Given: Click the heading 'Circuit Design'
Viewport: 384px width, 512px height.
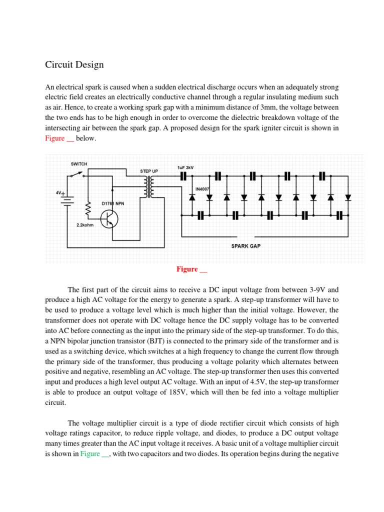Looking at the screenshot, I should (x=74, y=64).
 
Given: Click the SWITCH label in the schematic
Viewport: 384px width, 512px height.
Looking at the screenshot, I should (x=79, y=164).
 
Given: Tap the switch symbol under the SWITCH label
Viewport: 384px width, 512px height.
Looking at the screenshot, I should (x=77, y=175).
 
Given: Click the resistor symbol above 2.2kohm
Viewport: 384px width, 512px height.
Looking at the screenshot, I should (x=88, y=209).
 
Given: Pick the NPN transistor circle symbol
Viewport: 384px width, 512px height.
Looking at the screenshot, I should (x=109, y=218).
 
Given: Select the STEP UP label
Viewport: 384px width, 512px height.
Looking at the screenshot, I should (x=149, y=171).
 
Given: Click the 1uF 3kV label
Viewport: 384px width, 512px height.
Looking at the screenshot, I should (x=186, y=167).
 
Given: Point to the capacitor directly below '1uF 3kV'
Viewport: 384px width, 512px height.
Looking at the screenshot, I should (x=183, y=176).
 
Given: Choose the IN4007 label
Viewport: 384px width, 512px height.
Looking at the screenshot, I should (x=202, y=189).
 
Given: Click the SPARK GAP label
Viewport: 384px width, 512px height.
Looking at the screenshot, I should (x=246, y=245).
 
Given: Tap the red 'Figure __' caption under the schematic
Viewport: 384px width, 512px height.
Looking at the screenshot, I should (x=191, y=269).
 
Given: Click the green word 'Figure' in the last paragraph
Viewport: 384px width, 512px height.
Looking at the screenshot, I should (x=90, y=440).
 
